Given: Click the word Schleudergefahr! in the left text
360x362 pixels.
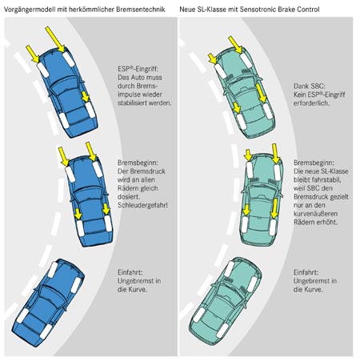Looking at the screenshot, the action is click(142, 205).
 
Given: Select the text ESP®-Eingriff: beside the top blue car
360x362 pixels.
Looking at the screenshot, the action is click(138, 69).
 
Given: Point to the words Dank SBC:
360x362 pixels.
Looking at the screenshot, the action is click(310, 86).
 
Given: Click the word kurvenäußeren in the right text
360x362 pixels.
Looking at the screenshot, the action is click(316, 214).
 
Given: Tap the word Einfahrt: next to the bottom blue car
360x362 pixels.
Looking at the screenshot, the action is click(130, 272).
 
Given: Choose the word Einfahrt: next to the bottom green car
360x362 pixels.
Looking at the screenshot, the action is click(306, 272).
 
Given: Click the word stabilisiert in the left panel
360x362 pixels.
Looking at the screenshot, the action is click(134, 103).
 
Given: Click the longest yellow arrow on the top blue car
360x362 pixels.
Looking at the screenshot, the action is click(54, 39).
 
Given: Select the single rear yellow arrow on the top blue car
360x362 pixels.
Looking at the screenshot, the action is click(86, 96).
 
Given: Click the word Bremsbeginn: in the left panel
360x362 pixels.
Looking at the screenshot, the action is click(138, 163).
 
